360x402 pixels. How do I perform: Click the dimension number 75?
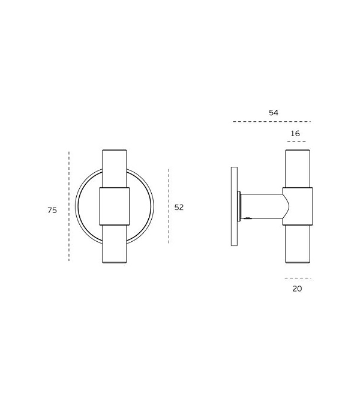click(52, 210)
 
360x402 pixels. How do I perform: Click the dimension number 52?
click(179, 207)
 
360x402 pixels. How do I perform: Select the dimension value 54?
click(274, 113)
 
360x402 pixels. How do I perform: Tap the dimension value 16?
click(295, 133)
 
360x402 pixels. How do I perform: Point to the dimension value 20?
click(297, 289)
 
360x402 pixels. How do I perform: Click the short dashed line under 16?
click(296, 142)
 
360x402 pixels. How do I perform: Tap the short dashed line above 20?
click(298, 278)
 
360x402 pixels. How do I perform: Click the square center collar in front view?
click(114, 206)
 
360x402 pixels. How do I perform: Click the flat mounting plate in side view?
click(234, 206)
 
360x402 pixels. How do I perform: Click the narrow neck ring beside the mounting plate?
click(239, 206)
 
